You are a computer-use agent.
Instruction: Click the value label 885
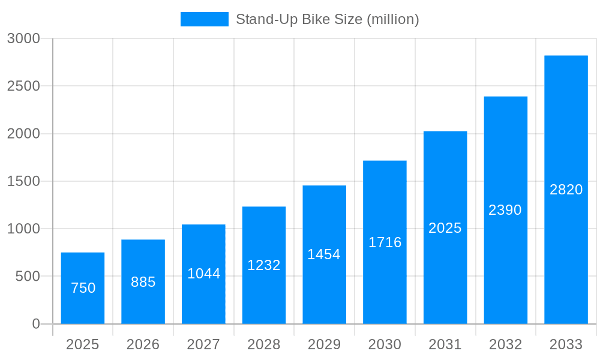[143, 282]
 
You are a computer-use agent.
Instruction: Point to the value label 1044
[204, 274]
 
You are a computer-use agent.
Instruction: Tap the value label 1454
[324, 254]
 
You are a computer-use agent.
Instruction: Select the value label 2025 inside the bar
[445, 228]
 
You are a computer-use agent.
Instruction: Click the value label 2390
[505, 210]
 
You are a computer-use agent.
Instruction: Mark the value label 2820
[566, 190]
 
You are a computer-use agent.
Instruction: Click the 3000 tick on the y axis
[23, 38]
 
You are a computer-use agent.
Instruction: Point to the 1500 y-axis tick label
[23, 181]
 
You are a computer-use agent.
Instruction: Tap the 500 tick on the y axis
[28, 277]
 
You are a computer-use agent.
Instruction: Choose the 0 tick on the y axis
[35, 324]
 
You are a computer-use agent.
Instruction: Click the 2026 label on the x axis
[143, 344]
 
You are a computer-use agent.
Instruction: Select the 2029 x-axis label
[324, 344]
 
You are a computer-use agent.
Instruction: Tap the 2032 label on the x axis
[505, 344]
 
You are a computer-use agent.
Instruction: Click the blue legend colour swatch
[204, 19]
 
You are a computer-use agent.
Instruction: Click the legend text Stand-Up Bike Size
[327, 19]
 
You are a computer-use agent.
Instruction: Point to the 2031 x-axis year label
[445, 344]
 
